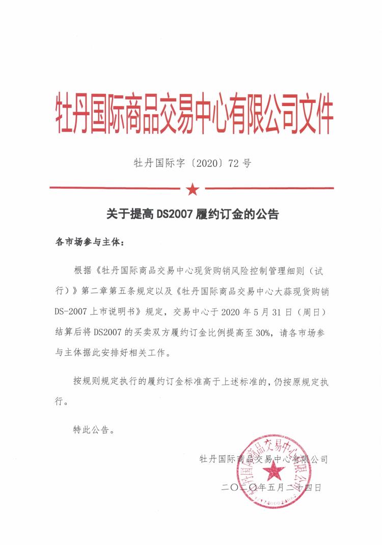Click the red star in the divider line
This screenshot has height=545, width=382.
pos(193,189)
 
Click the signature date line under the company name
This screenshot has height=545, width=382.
pos(272,487)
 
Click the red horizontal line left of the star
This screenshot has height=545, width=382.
pos(115,188)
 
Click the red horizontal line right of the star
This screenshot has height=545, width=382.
pos(270,188)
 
